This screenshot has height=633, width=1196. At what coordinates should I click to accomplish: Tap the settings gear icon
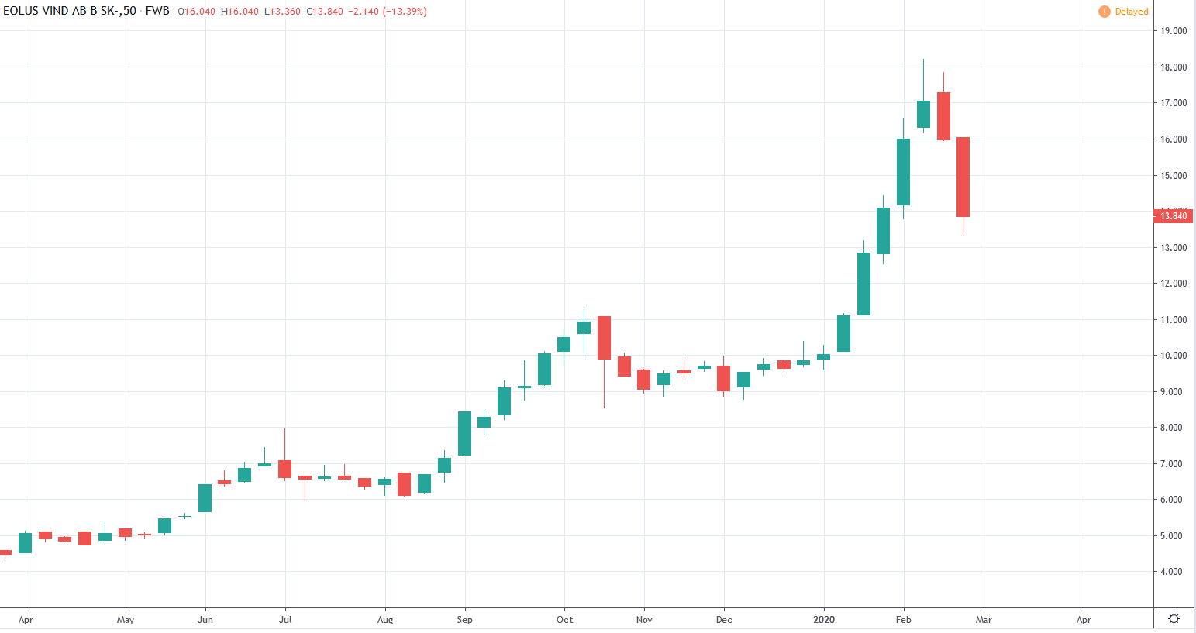[1174, 618]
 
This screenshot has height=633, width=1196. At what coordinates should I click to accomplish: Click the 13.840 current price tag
[1173, 215]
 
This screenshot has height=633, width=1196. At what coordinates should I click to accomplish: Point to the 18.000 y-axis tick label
[1173, 67]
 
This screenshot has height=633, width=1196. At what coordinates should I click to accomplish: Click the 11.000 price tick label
[1173, 320]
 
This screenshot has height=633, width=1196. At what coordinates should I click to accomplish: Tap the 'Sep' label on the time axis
[464, 620]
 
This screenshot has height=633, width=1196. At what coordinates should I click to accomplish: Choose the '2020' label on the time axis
[824, 620]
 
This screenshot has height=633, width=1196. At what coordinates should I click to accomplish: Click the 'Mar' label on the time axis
[984, 620]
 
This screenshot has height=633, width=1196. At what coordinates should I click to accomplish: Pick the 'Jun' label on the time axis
[205, 620]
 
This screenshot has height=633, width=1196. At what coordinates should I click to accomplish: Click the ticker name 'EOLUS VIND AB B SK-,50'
[70, 11]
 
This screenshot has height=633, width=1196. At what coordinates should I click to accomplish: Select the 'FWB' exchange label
[157, 11]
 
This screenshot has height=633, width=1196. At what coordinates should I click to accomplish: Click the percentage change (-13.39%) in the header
[405, 12]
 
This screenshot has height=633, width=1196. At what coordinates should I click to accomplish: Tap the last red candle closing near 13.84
[963, 177]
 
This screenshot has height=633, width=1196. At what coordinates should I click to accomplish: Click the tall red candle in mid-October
[604, 337]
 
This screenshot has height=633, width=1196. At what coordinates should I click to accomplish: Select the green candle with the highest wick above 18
[923, 114]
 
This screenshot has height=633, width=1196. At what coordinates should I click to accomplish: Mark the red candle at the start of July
[284, 469]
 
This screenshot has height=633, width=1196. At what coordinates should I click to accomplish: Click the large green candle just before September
[464, 433]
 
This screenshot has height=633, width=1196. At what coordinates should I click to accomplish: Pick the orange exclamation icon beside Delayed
[1104, 12]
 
